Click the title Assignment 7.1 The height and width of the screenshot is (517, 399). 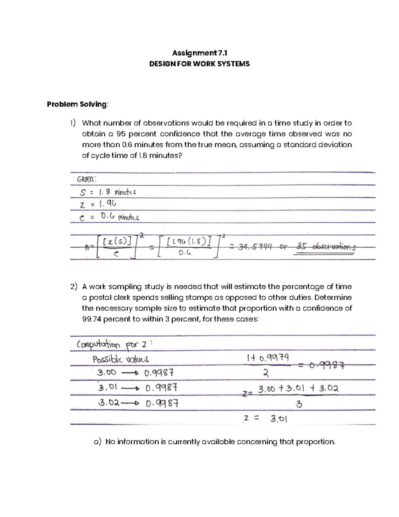[199, 53]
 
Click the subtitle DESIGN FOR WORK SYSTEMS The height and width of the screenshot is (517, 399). [199, 64]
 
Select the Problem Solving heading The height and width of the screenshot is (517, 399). [77, 104]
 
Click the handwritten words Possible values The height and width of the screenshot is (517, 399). [120, 360]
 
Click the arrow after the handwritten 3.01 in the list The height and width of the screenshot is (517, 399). [133, 388]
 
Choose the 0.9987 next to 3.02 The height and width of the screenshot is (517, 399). [162, 403]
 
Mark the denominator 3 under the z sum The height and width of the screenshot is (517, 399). [299, 405]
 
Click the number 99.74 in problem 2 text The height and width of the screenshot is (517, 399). [91, 319]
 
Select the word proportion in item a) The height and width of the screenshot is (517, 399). [316, 442]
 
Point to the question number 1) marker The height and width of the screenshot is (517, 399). [73, 123]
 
